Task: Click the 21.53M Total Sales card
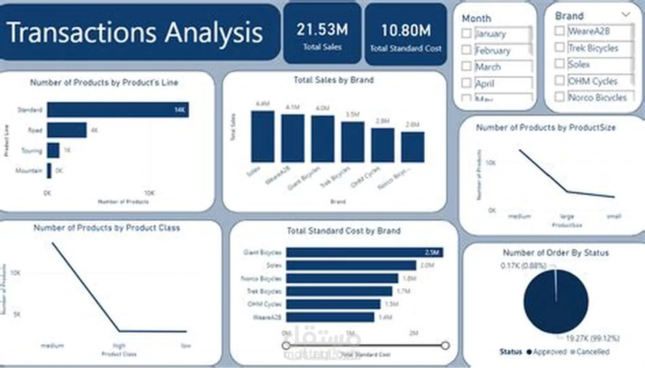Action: click(x=322, y=34)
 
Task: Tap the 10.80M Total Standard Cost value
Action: click(x=406, y=30)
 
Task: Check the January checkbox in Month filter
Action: click(x=467, y=33)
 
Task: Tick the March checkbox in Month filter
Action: click(x=467, y=66)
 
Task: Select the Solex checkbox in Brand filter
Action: click(x=559, y=63)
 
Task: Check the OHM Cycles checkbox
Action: click(x=559, y=80)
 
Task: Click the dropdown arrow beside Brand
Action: click(x=626, y=15)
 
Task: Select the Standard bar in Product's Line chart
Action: click(x=118, y=110)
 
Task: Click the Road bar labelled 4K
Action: click(x=67, y=130)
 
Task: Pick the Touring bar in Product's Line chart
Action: click(x=53, y=150)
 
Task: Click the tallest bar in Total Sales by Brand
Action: click(x=263, y=137)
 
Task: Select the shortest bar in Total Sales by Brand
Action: click(x=412, y=147)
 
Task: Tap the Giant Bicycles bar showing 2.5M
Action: click(x=364, y=252)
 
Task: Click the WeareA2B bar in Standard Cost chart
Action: click(x=330, y=317)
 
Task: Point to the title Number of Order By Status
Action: click(x=555, y=253)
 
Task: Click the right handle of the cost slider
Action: click(x=445, y=346)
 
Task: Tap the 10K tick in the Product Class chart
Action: click(x=16, y=273)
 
